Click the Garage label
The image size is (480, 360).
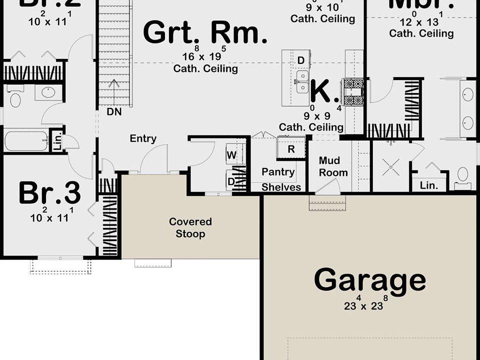(x=369, y=280)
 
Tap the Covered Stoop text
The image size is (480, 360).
(x=190, y=227)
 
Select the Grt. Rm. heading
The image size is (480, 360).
(x=205, y=33)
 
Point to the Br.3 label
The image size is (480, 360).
(x=49, y=193)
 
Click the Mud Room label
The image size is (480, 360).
(x=329, y=166)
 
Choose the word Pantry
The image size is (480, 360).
(x=278, y=172)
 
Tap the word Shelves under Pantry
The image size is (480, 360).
(x=281, y=187)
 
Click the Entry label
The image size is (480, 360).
(x=143, y=139)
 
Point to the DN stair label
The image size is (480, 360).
(x=114, y=112)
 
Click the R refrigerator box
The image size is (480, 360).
(x=291, y=149)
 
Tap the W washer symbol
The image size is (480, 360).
(x=231, y=155)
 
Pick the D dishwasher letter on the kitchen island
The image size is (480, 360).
(x=301, y=60)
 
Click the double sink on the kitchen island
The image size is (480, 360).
(x=302, y=81)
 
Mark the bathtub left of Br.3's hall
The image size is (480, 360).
(x=26, y=140)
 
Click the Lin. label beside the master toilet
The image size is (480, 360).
(x=428, y=185)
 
